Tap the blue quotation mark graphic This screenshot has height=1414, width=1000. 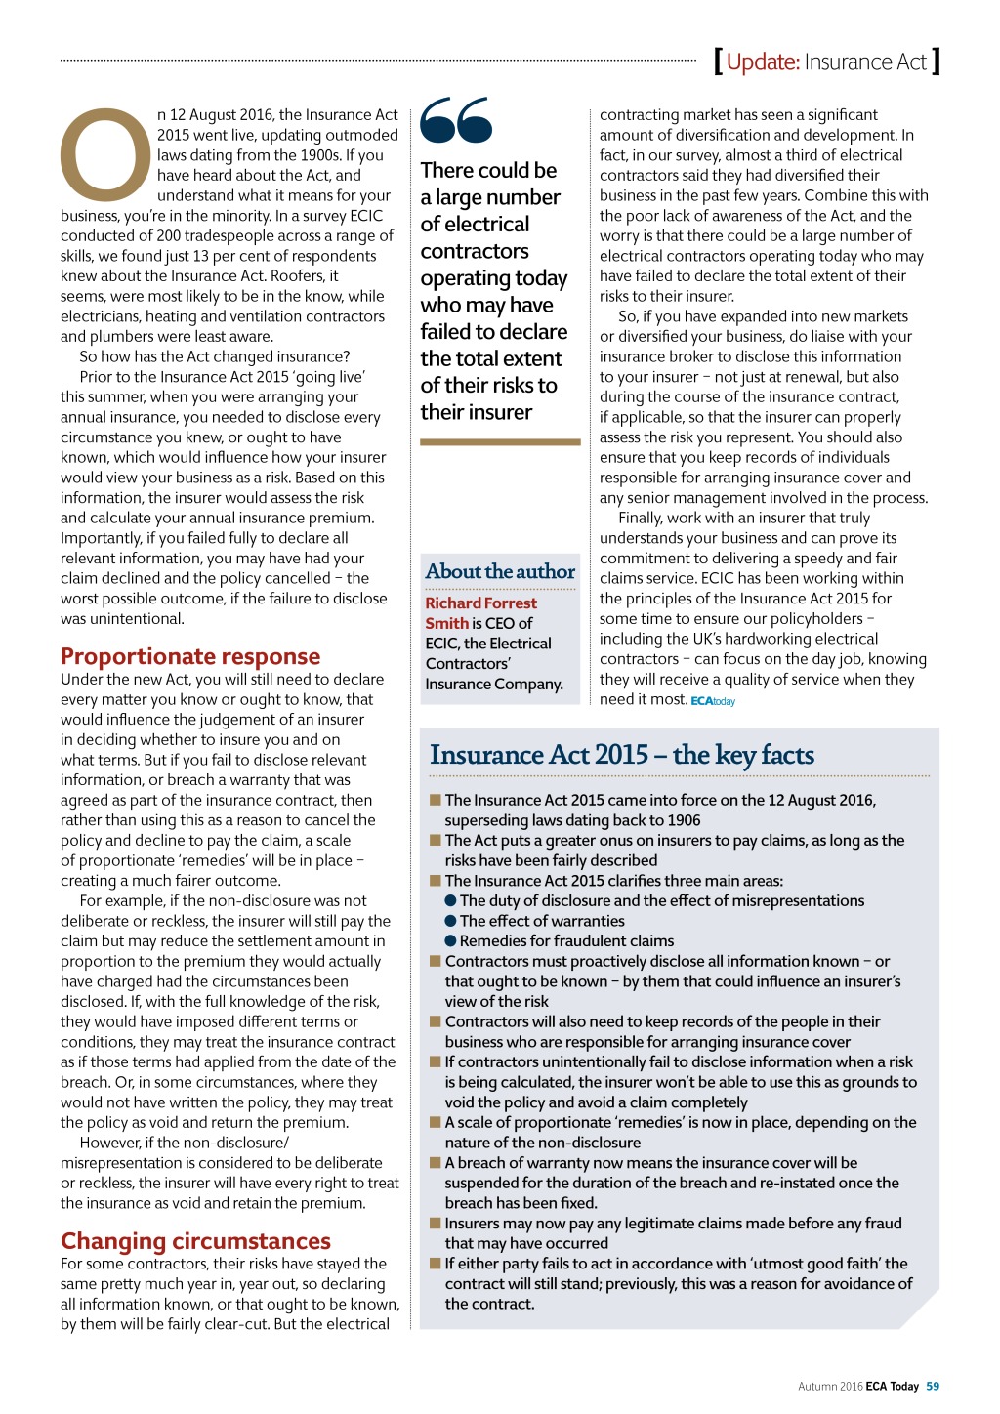tap(456, 120)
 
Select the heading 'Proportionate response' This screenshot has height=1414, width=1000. tap(190, 656)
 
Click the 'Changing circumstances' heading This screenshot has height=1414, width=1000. tap(195, 1241)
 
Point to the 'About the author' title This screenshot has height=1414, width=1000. tap(500, 571)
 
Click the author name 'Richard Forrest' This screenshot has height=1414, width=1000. tap(480, 603)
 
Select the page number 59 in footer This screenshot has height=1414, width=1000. tap(933, 1386)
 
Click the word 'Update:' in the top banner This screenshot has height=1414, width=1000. tap(763, 62)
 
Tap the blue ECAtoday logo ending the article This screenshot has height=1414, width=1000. tap(713, 701)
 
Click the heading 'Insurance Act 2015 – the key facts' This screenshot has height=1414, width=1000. tap(622, 755)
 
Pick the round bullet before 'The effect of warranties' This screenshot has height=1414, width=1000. tap(451, 921)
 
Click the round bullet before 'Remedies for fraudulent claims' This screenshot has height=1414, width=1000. tap(451, 941)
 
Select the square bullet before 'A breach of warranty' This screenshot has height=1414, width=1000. tap(436, 1162)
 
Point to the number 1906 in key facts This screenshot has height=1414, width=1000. tap(683, 820)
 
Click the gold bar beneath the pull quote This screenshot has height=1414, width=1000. tap(500, 442)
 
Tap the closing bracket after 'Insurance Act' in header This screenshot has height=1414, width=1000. tap(936, 62)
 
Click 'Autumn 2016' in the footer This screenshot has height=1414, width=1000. tap(830, 1386)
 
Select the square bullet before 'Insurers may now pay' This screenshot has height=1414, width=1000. tap(436, 1223)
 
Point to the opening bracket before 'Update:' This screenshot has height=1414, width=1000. tap(719, 62)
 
